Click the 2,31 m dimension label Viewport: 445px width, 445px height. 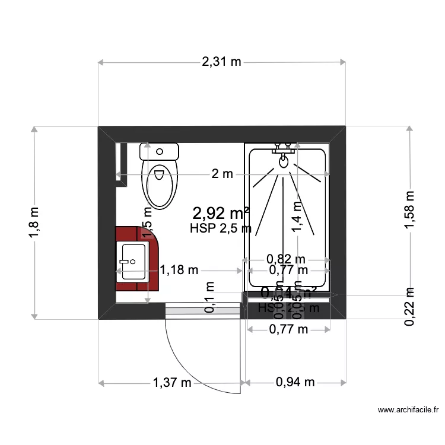click(222, 61)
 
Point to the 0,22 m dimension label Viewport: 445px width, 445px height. click(409, 306)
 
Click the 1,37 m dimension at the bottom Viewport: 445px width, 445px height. click(171, 383)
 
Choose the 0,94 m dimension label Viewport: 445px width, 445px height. click(295, 383)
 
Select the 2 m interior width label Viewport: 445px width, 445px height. click(223, 174)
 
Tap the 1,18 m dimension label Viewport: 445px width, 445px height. click(179, 271)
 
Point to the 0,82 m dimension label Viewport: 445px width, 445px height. click(286, 259)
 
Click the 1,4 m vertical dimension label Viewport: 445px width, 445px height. click(297, 217)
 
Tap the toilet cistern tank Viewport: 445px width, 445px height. click(159, 151)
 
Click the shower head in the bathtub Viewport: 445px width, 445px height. click(284, 160)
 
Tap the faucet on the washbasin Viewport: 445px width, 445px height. click(125, 261)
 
